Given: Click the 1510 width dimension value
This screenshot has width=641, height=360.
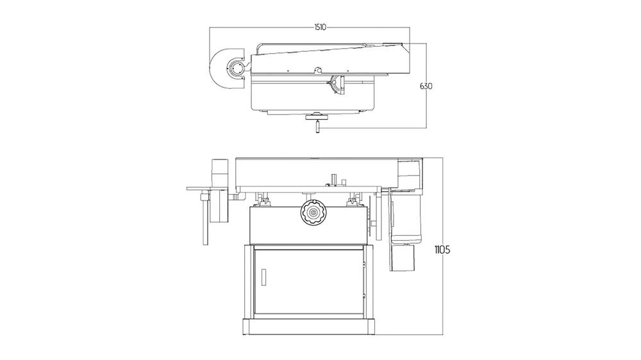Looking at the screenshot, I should tap(320, 27).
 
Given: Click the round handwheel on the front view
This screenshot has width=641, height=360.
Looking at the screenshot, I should tap(312, 212).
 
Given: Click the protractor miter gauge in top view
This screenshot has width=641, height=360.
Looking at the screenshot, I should tap(337, 85).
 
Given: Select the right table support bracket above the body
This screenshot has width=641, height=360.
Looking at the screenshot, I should tap(352, 200).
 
